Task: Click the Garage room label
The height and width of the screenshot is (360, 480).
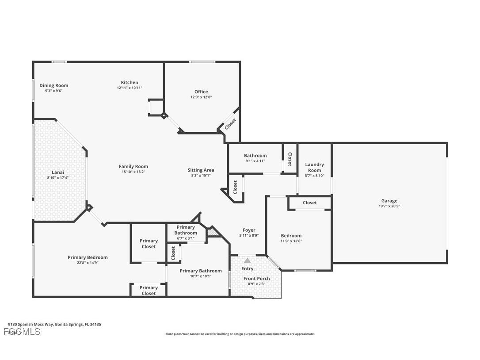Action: [389, 201]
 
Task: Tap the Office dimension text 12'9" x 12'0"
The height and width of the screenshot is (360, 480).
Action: [201, 97]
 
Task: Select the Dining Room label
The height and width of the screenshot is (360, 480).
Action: [54, 85]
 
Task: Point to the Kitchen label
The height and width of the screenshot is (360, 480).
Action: [130, 82]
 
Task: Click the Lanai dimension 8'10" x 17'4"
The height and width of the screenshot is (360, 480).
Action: [58, 177]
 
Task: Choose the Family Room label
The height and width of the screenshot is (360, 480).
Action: [133, 166]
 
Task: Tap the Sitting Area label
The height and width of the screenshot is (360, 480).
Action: [201, 170]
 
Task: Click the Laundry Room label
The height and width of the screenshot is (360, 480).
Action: [314, 167]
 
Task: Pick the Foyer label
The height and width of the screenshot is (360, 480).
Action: [249, 230]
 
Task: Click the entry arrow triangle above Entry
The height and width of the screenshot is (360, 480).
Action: [247, 261]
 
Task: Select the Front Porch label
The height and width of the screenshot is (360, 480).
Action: [256, 279]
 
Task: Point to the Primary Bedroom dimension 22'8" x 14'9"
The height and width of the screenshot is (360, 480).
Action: [88, 262]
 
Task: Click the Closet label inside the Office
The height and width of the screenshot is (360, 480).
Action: [230, 124]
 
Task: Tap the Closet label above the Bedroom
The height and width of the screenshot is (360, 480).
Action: [309, 203]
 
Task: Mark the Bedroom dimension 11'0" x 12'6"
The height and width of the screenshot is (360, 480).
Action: [291, 241]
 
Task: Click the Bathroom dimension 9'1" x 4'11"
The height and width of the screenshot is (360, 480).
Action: [255, 161]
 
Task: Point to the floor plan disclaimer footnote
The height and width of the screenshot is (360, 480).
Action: [240, 334]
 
